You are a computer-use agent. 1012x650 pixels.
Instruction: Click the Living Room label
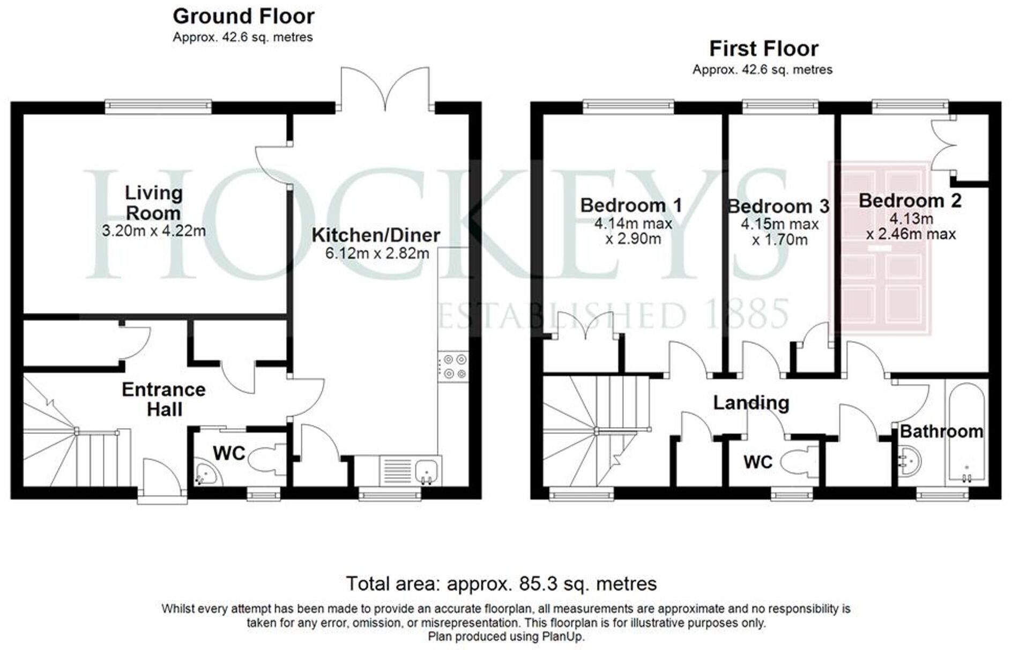[153, 203]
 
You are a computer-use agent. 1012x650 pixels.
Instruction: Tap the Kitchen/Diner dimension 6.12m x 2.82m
[377, 253]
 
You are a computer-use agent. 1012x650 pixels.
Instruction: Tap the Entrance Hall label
[163, 399]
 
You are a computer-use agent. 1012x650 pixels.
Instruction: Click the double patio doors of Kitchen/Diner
[385, 88]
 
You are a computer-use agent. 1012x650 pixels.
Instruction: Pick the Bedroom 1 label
[631, 205]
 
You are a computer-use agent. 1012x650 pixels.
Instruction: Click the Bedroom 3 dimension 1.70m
[779, 240]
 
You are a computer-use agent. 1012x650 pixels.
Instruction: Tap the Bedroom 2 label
[910, 201]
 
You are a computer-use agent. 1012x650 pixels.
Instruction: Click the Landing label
[750, 402]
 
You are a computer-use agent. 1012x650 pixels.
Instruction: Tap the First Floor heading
[763, 49]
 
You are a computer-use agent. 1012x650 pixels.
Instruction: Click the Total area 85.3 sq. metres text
[501, 584]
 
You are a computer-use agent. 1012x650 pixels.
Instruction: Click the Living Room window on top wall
[158, 106]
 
